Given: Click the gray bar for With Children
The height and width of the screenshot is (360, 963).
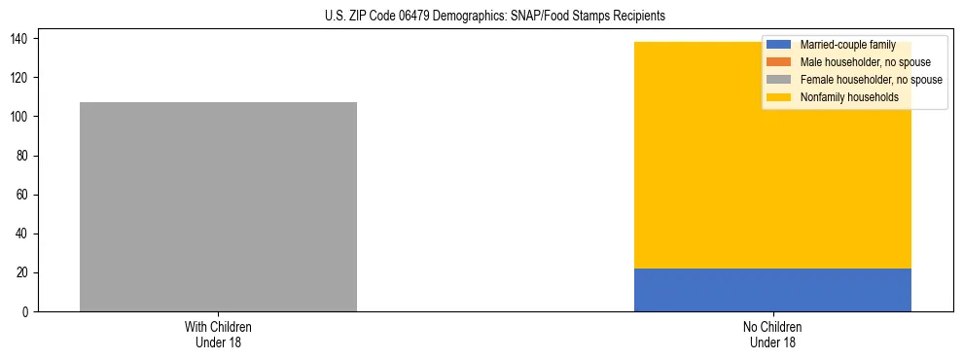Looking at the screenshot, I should (x=218, y=206).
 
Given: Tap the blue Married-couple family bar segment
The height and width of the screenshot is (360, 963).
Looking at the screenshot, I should (x=772, y=290).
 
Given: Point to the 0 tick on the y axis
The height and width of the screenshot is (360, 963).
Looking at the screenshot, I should (x=27, y=311).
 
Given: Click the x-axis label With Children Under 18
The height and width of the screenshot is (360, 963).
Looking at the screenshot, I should (x=218, y=334).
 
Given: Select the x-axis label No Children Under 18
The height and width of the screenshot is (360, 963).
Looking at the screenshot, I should (x=772, y=334).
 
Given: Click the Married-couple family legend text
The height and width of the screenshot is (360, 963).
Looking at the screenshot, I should (x=847, y=45).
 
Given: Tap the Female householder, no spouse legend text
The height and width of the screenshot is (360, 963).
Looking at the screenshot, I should (x=871, y=80).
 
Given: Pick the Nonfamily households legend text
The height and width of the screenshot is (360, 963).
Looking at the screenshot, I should (x=848, y=97).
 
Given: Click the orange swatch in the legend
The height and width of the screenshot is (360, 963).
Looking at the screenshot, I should (x=779, y=62).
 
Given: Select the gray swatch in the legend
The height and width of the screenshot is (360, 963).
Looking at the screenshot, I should (x=779, y=80).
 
